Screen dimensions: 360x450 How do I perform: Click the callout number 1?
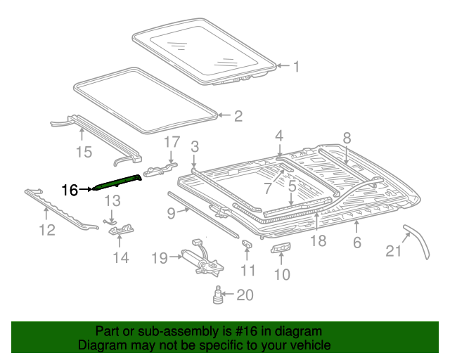point(296,67)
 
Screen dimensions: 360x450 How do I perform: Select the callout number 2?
point(238,116)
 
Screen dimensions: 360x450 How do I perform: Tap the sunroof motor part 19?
point(200,259)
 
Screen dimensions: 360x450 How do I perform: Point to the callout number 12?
point(47,230)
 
